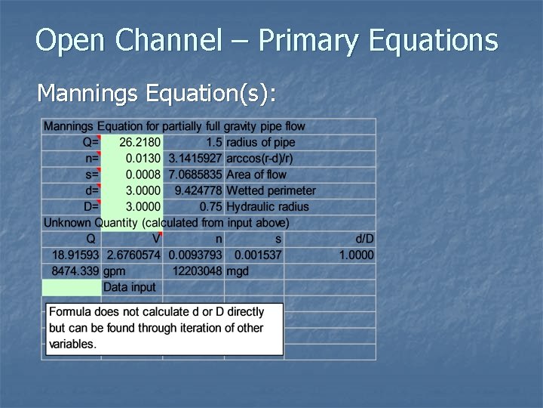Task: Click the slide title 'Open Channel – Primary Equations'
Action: (x=267, y=40)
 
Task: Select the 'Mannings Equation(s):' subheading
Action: (x=156, y=93)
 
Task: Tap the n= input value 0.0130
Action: (x=143, y=159)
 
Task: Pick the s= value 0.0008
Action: (x=143, y=175)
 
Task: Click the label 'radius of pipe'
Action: (x=261, y=142)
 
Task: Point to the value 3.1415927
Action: (x=195, y=159)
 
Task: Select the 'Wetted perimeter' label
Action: (x=271, y=190)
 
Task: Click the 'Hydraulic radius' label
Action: (x=267, y=206)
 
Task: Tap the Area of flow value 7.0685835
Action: (x=195, y=175)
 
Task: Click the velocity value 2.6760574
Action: (x=133, y=255)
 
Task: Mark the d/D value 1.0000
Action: (x=356, y=255)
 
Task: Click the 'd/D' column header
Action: (x=364, y=239)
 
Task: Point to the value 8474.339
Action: (x=75, y=270)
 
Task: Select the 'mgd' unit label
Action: (x=237, y=270)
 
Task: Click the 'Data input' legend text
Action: (x=129, y=287)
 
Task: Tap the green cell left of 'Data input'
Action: (x=71, y=287)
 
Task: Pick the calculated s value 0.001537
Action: (x=257, y=255)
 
